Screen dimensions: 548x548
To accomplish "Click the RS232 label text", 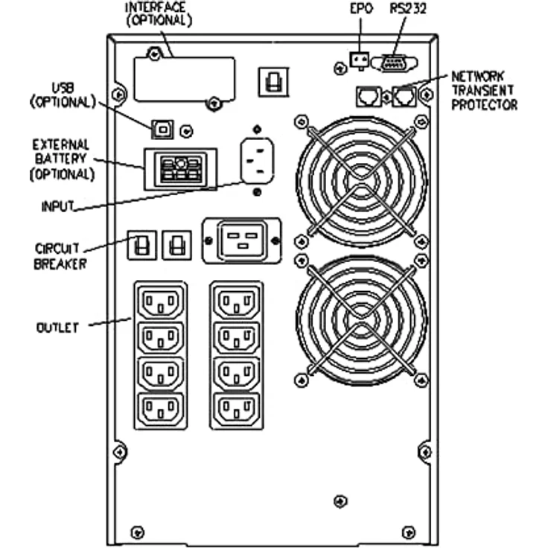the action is pos(408,8).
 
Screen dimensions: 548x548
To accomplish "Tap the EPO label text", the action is pos(361,9).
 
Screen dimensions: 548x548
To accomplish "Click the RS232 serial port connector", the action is pos(394,63).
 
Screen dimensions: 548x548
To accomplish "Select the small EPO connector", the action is pos(360,60).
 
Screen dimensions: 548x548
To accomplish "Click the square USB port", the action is pos(162,130).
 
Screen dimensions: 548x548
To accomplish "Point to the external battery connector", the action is pos(181,169).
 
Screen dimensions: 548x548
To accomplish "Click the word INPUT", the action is pos(57,206).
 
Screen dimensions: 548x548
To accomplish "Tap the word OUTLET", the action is pos(57,328).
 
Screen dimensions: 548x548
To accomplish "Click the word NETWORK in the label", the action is pos(477,76).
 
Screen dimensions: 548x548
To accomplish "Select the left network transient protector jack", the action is pos(369,96).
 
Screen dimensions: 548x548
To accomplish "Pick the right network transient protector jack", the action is pos(404,96).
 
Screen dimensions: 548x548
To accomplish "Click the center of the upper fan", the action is pos(361,181).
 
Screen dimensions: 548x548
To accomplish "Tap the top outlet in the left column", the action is pos(161,302).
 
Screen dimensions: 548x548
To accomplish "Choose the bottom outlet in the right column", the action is pos(237,408).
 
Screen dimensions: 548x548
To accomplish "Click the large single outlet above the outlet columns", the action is pos(242,240).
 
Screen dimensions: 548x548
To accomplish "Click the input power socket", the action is pos(257,161).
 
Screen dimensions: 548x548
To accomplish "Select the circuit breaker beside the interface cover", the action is pos(273,82).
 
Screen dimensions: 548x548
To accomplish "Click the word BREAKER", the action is pos(60,264).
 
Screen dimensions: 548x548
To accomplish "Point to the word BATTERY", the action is pos(61,159).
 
